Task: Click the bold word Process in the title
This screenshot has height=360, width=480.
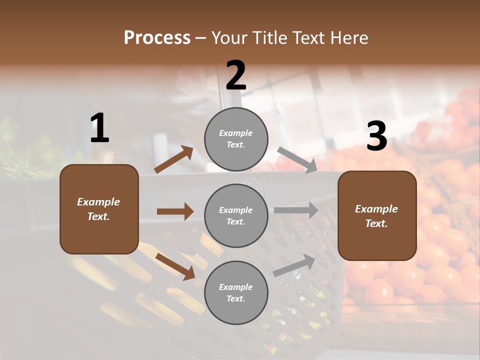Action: pos(157,38)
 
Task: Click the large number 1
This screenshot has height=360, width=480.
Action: pos(99,128)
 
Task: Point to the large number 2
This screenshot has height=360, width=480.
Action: pos(236,75)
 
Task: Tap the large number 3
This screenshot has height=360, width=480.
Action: pos(376,136)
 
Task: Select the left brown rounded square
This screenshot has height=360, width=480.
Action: pos(99,209)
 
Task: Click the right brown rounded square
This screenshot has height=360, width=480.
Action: pos(377,216)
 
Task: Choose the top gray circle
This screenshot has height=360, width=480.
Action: pos(236,139)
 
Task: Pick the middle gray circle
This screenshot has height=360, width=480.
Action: pos(236,215)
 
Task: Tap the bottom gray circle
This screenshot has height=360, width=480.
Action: pos(236,292)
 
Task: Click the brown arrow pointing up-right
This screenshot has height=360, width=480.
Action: pos(174,159)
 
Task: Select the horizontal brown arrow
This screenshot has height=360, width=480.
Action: pos(175,211)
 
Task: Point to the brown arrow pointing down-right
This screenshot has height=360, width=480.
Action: pos(175,266)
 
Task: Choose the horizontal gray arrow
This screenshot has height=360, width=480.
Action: pos(296,210)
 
